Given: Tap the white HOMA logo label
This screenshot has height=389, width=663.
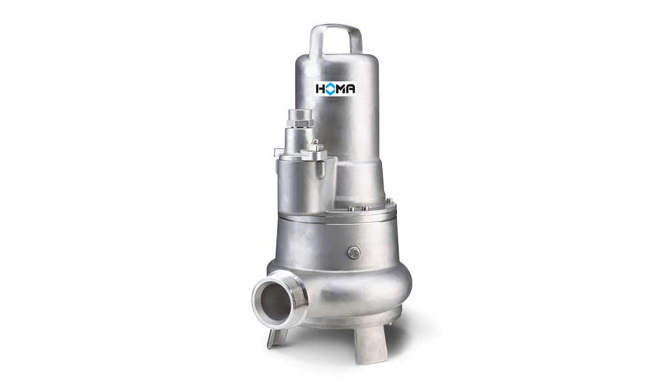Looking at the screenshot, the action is tap(336, 88).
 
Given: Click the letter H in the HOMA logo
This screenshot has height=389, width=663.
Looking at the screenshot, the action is tap(320, 88).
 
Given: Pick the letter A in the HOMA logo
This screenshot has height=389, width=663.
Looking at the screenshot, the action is tap(351, 88).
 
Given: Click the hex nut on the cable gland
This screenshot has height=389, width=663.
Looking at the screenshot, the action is tap(300, 123).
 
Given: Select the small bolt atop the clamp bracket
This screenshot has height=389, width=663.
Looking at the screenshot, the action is tap(314, 145).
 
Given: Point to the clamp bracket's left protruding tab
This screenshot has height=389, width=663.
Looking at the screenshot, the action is tap(278, 152).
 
